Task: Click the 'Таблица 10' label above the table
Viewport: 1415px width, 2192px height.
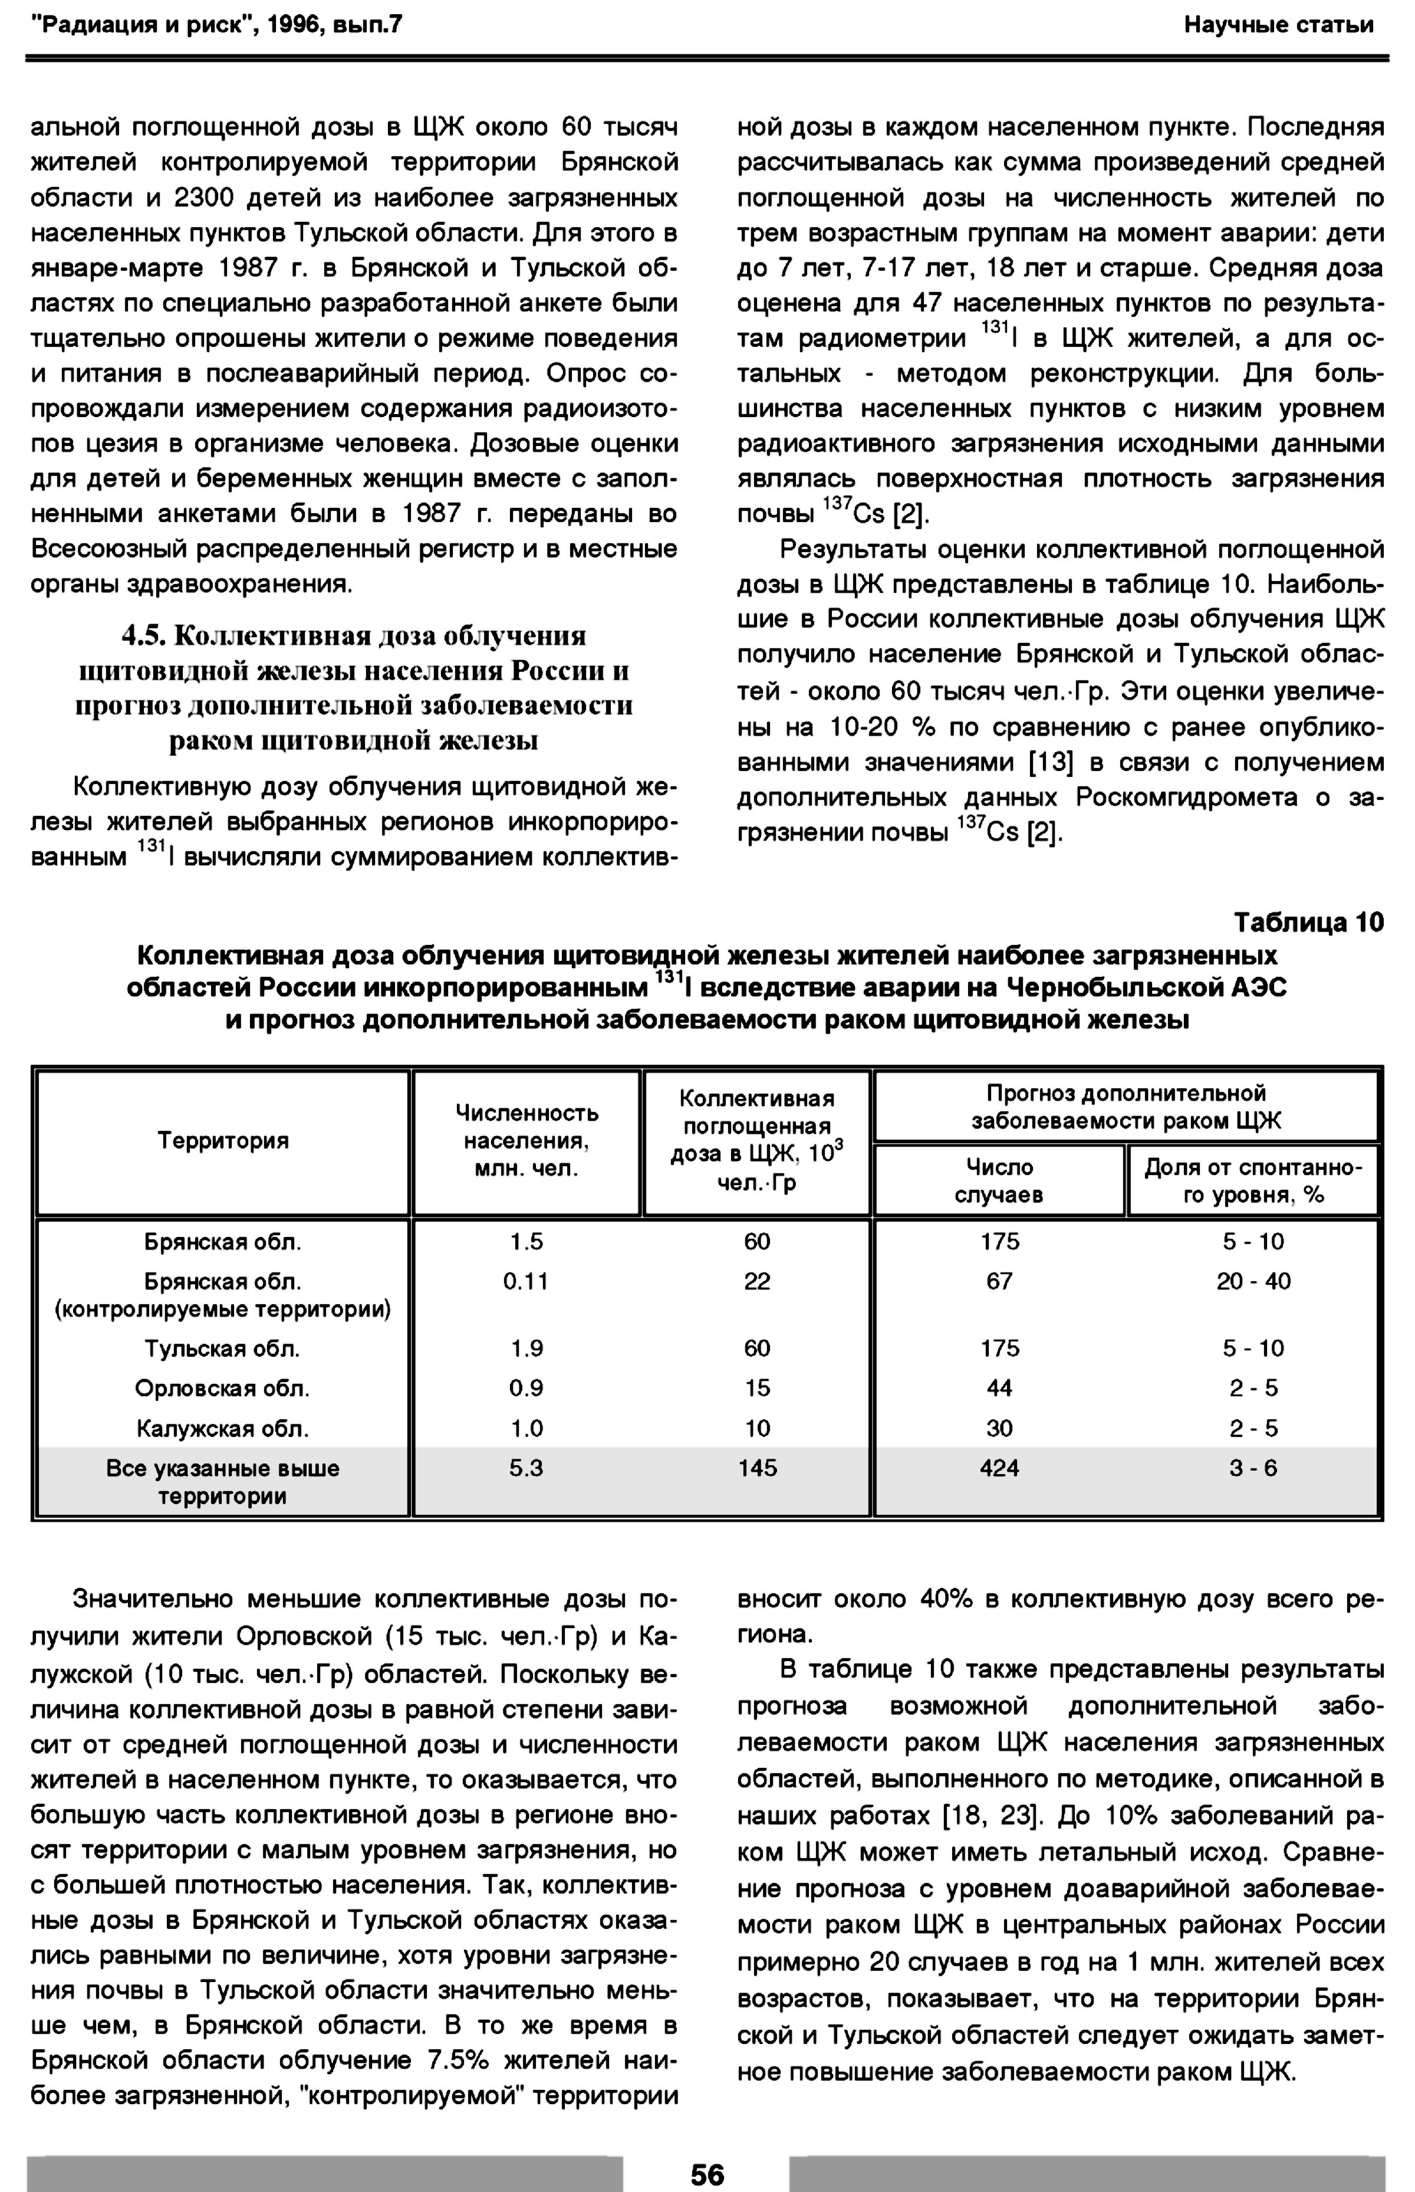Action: (x=1308, y=922)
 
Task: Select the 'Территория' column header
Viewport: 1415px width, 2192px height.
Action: (x=223, y=1141)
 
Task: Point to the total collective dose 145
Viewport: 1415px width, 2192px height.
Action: (x=757, y=1468)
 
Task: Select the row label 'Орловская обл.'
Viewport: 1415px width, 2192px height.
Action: (x=222, y=1388)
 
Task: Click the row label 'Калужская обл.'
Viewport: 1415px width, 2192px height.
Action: (x=222, y=1428)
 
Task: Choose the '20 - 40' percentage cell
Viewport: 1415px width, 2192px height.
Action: (x=1253, y=1281)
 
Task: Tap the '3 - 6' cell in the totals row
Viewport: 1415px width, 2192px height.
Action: (x=1253, y=1468)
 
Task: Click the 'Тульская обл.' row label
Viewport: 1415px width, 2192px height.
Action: (x=222, y=1348)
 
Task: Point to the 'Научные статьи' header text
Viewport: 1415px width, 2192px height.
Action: (x=1278, y=25)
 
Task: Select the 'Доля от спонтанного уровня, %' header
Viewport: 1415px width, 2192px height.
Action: (x=1253, y=1180)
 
